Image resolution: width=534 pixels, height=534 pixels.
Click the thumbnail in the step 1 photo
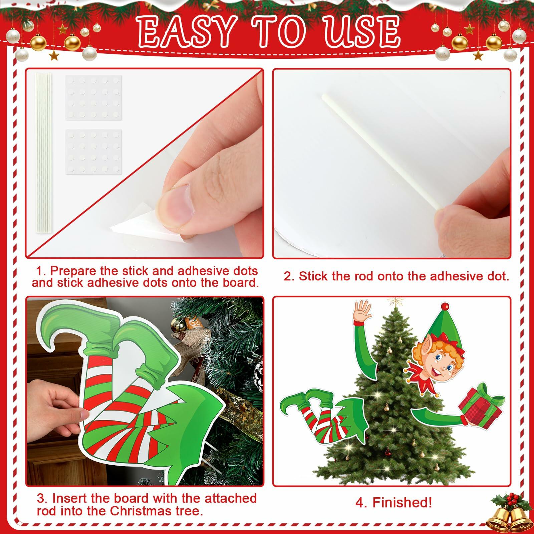tap(176, 202)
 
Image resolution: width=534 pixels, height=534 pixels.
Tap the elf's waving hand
tap(362, 310)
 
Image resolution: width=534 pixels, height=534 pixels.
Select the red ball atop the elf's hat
tap(445, 306)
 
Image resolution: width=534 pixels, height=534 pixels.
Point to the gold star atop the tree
tap(395, 302)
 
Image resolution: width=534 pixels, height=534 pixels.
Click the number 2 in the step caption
tap(288, 276)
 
